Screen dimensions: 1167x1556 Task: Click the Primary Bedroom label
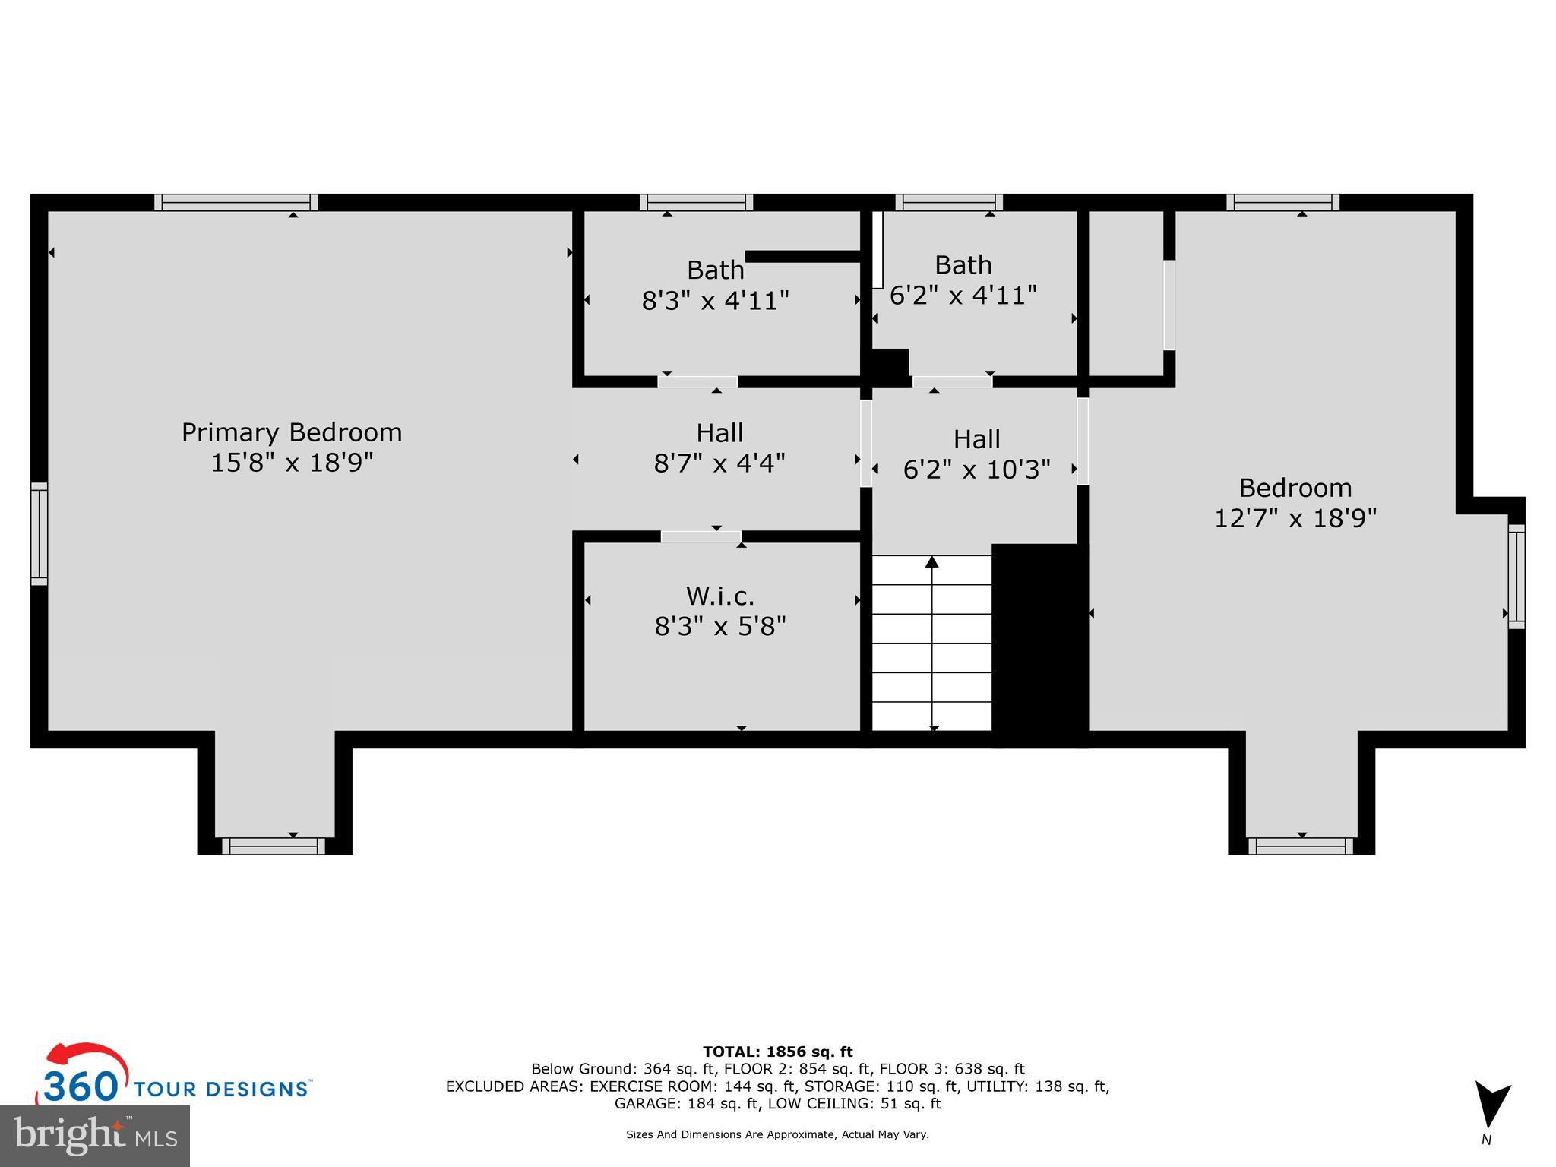292,432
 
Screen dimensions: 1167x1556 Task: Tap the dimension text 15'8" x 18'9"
292,462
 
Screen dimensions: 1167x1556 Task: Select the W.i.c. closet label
720,596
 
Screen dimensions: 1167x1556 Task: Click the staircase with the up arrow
931,642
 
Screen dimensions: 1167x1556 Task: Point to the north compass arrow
1491,1105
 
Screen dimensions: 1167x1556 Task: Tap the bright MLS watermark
95,1135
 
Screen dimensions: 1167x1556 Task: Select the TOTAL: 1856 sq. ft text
777,1052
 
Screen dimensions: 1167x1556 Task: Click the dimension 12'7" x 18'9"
1295,518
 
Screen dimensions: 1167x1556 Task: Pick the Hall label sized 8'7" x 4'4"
719,433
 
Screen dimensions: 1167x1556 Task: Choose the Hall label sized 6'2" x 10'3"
976,439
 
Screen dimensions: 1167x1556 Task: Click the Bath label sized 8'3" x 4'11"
715,270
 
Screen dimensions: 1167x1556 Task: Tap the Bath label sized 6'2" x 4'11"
963,265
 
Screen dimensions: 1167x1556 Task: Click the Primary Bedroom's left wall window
39,534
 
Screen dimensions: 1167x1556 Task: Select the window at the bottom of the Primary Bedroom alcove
274,846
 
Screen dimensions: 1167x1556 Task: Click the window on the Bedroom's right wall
1516,576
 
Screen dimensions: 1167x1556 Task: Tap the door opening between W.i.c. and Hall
701,536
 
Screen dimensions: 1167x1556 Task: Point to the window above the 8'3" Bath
696,202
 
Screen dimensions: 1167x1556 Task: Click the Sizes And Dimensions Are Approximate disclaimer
777,1134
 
